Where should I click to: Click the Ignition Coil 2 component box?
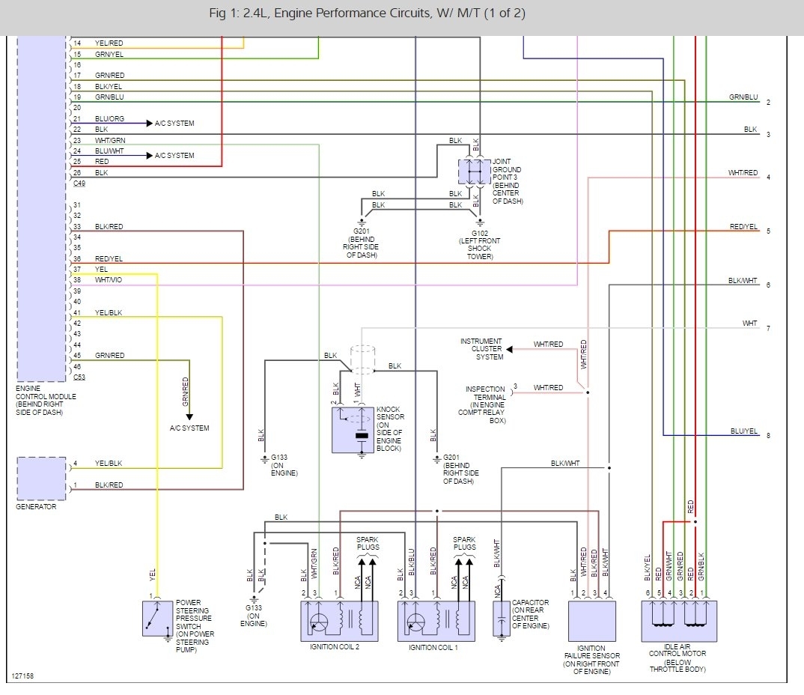339,621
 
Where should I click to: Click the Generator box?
41,478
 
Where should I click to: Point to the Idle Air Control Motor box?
679,621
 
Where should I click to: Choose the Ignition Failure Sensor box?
591,621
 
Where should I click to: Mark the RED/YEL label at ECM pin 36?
109,258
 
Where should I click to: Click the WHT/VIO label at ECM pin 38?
110,280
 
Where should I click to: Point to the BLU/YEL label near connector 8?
743,431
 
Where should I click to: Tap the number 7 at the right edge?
768,328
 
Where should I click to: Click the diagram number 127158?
22,676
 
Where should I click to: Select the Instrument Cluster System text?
481,349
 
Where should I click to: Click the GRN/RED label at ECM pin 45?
110,355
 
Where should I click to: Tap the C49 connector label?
79,183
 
